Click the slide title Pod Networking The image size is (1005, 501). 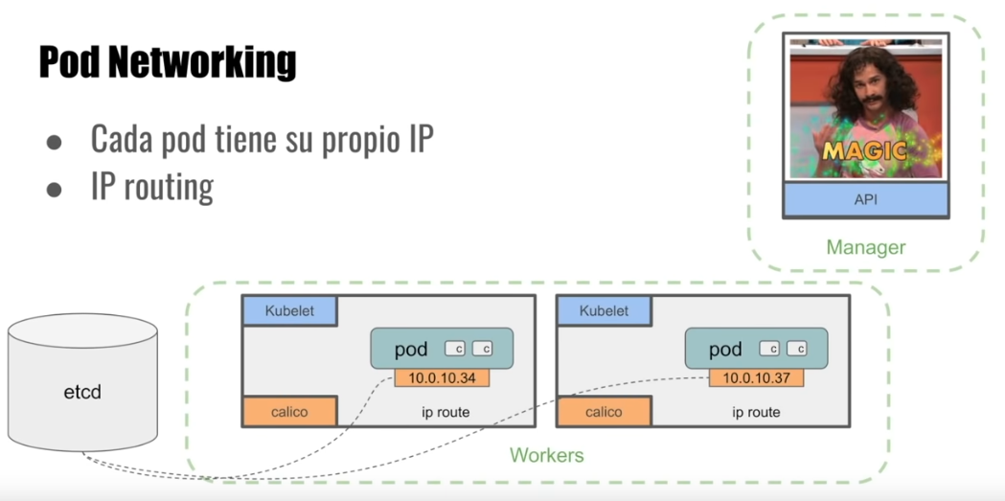(x=168, y=62)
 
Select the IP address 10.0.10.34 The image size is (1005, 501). (x=442, y=377)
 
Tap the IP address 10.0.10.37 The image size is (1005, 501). (x=756, y=377)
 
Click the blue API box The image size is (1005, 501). (x=865, y=200)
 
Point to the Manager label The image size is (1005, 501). (x=865, y=247)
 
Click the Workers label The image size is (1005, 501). (x=546, y=454)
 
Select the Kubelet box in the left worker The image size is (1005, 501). (x=289, y=311)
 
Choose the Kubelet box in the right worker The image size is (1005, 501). (x=604, y=311)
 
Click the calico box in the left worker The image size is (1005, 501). (x=289, y=412)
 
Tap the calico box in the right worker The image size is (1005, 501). (x=604, y=412)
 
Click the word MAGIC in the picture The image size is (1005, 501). (x=864, y=151)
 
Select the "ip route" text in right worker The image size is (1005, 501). (x=756, y=413)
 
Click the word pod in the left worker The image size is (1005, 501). (x=411, y=350)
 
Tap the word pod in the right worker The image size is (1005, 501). (x=725, y=350)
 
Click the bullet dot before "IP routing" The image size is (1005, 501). (x=55, y=188)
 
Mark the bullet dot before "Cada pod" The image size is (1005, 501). (x=55, y=141)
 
